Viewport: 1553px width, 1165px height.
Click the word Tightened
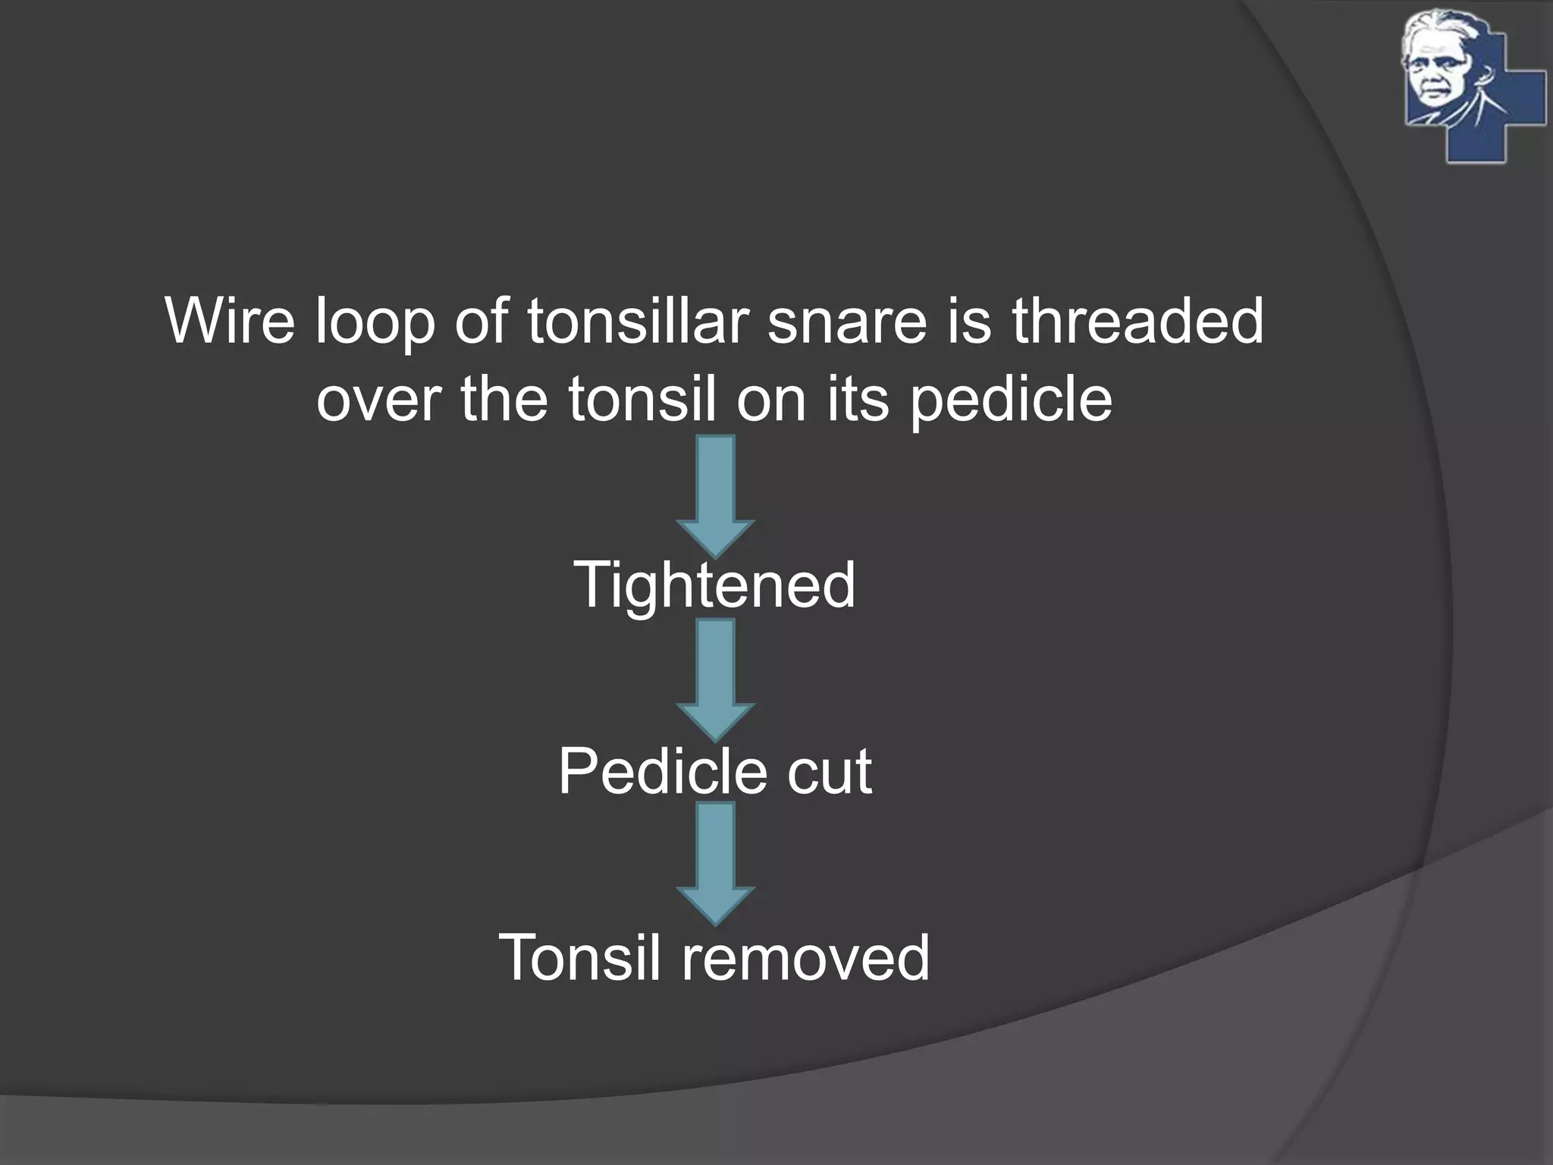tap(714, 585)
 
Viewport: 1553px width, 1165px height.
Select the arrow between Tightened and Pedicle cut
tap(715, 679)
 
